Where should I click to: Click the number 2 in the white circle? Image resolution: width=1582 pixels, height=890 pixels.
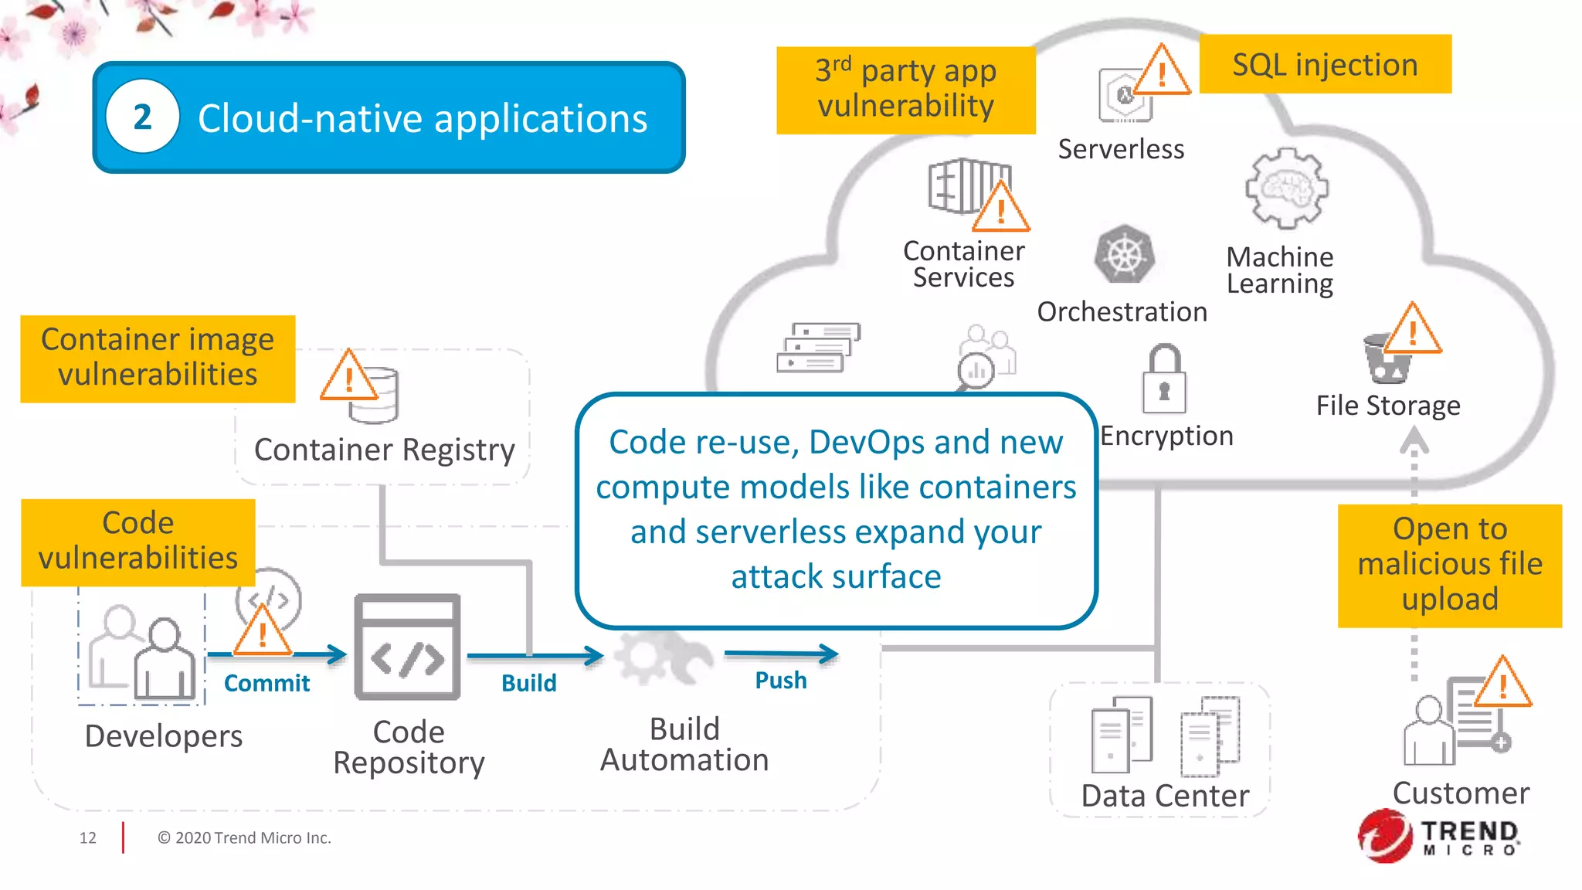pyautogui.click(x=142, y=117)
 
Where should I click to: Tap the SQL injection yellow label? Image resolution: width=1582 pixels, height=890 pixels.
pyautogui.click(x=1325, y=64)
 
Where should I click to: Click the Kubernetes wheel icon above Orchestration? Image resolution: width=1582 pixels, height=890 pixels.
pyautogui.click(x=1125, y=255)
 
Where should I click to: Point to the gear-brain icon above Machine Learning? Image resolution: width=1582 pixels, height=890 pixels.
pyautogui.click(x=1286, y=189)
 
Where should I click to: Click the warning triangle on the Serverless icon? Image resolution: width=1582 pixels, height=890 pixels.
pyautogui.click(x=1161, y=72)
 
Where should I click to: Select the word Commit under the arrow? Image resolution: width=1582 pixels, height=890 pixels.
pyautogui.click(x=266, y=683)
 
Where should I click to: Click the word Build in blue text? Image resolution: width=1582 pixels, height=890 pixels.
pyautogui.click(x=528, y=683)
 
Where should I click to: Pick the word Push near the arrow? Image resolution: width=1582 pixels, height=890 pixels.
pyautogui.click(x=780, y=680)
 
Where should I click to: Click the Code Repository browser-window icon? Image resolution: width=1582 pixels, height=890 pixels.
pyautogui.click(x=407, y=647)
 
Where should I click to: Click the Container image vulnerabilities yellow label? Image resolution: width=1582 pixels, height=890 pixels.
pyautogui.click(x=158, y=358)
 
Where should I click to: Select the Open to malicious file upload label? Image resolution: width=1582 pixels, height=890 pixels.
pyautogui.click(x=1449, y=565)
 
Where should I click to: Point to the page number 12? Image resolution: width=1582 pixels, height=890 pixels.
pyautogui.click(x=87, y=837)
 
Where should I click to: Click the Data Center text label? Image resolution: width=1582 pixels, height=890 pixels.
pyautogui.click(x=1164, y=796)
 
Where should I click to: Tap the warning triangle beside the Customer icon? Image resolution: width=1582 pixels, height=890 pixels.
pyautogui.click(x=1502, y=684)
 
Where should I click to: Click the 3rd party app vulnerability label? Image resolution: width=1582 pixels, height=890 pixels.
pyautogui.click(x=905, y=90)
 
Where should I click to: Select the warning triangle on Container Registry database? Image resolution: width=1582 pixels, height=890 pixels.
pyautogui.click(x=348, y=377)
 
